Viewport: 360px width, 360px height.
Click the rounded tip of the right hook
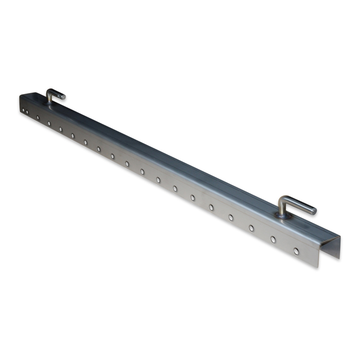tap(313, 211)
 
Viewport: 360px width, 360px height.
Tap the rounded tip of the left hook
tap(63, 96)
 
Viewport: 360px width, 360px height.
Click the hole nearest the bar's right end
tap(296, 251)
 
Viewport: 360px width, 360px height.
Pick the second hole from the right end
tap(273, 239)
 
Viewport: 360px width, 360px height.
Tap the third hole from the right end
tap(251, 228)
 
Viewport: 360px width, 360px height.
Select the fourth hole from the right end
tap(230, 217)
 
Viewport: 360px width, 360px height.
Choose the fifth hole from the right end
tap(211, 207)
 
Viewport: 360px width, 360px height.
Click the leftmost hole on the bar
tap(23, 109)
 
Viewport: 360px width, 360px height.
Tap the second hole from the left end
tap(27, 111)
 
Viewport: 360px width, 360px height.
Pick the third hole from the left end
tap(38, 117)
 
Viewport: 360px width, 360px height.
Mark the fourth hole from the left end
tap(49, 123)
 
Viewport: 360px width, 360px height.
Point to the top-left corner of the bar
tap(21, 95)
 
